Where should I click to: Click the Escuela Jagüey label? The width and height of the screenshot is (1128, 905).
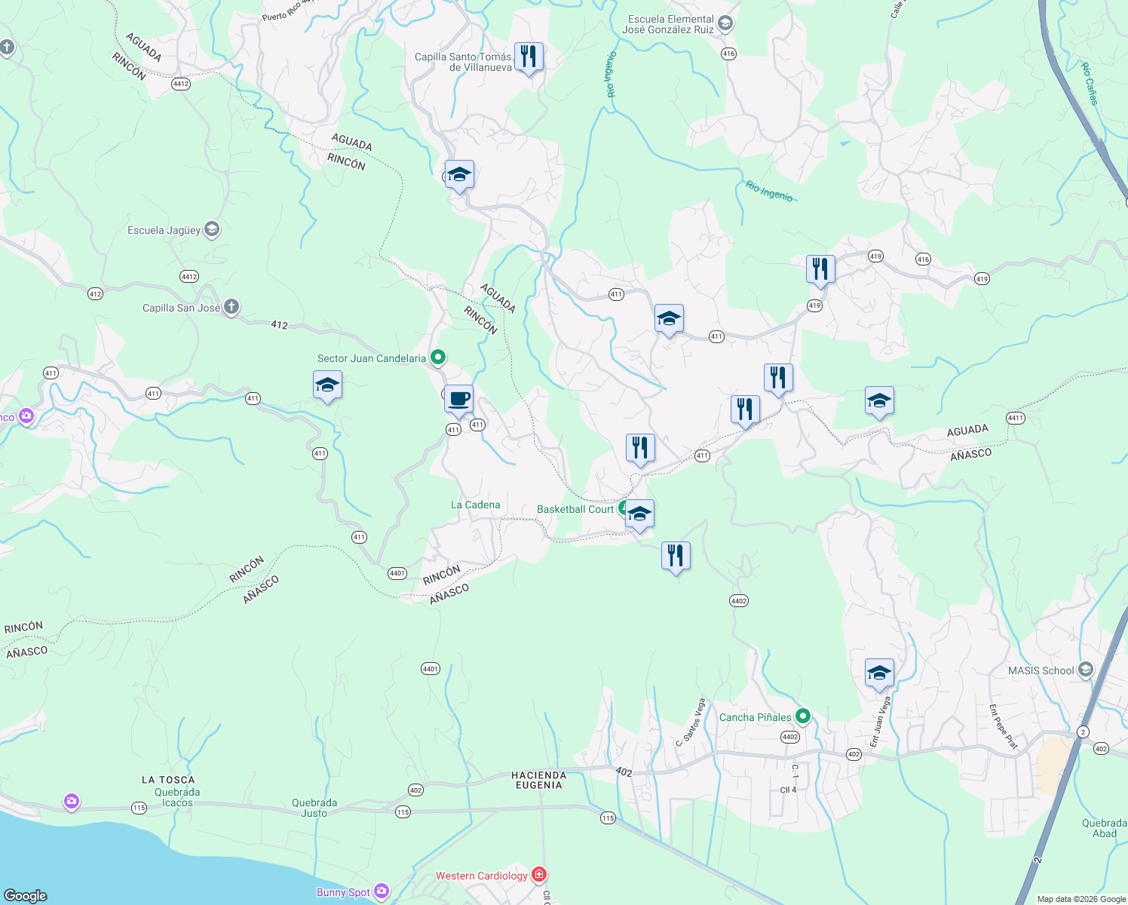(164, 230)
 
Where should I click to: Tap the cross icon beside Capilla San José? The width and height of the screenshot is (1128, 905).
(231, 307)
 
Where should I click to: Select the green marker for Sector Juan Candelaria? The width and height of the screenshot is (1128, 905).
(438, 357)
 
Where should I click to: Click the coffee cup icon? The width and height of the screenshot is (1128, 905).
(458, 400)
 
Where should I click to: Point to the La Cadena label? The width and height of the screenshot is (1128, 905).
(475, 505)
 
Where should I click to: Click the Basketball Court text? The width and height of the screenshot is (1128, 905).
(575, 509)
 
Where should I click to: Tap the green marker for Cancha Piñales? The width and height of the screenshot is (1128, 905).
(803, 716)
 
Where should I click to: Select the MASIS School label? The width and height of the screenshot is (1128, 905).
(1041, 670)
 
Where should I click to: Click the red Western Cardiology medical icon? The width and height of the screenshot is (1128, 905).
(538, 875)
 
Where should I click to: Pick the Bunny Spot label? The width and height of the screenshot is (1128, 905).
(343, 892)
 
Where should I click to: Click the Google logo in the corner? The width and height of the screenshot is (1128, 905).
(26, 895)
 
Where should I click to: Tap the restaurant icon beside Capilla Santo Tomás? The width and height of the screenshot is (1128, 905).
(529, 57)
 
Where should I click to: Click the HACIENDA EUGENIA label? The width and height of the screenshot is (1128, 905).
(538, 780)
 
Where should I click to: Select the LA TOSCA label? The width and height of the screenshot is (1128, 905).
(168, 780)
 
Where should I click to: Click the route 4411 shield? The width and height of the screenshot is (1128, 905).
(1015, 418)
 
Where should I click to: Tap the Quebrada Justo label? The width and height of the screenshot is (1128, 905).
(314, 808)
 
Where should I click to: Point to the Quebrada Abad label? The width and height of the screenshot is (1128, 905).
(1104, 828)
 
